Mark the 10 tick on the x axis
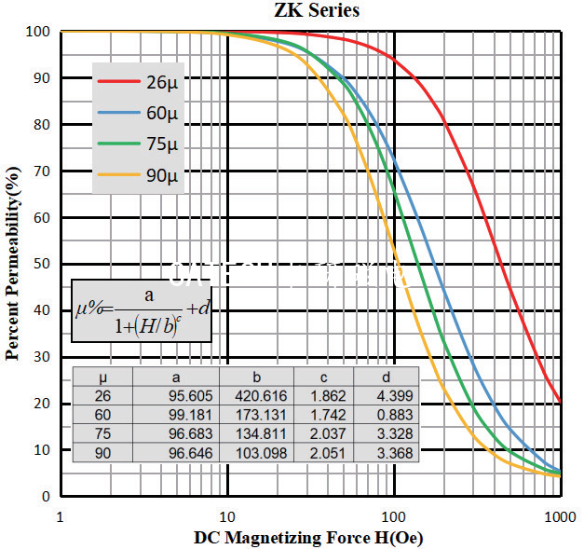226,515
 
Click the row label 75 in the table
102,433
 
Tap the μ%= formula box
143,310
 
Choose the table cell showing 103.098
255,452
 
